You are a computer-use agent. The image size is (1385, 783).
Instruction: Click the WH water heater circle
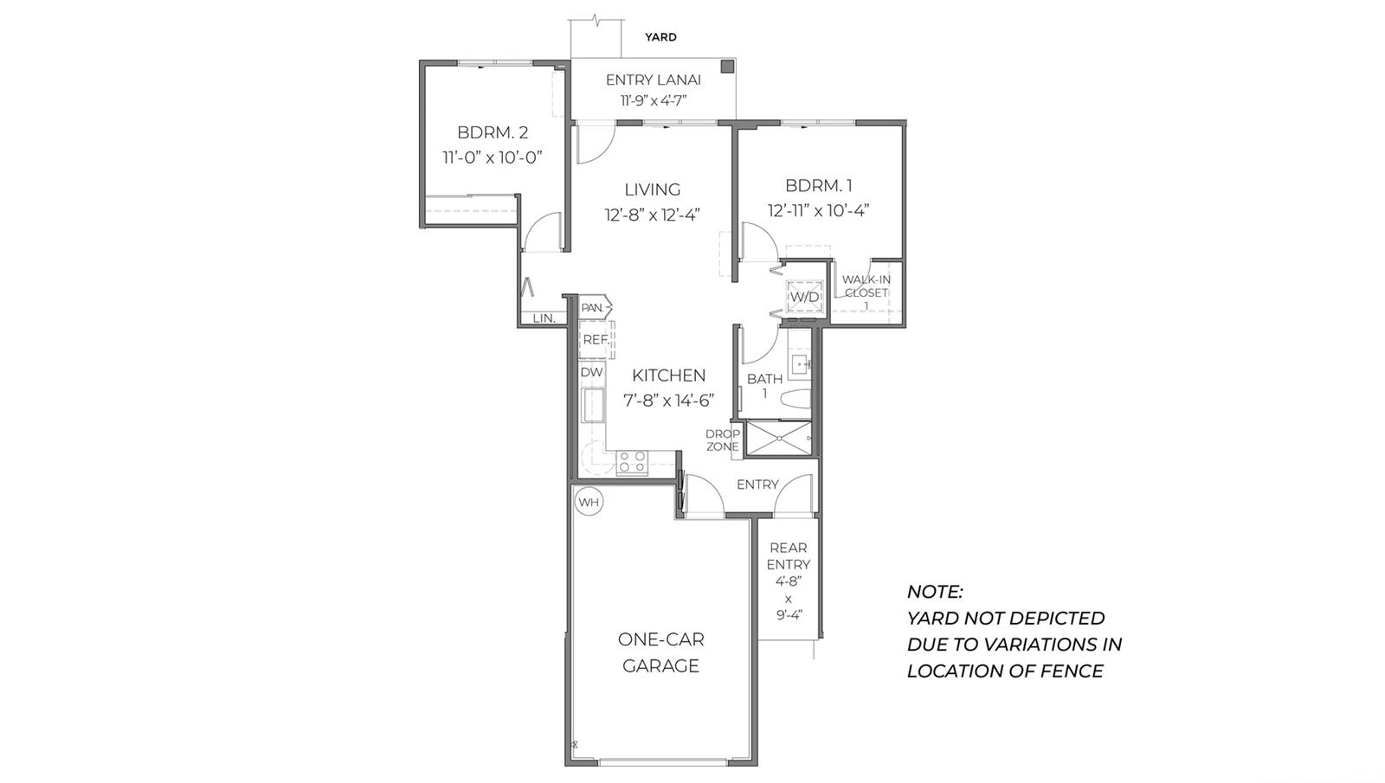(x=589, y=502)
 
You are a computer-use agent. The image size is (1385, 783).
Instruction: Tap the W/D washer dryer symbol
(x=804, y=297)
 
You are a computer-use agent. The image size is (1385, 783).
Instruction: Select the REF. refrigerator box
(x=596, y=339)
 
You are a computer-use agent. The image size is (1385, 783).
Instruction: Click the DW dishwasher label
(x=592, y=372)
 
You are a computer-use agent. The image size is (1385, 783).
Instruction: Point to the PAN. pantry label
(x=592, y=307)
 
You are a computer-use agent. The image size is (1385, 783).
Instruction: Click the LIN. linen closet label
(x=544, y=318)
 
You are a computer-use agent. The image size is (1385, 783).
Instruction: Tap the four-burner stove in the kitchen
(x=632, y=463)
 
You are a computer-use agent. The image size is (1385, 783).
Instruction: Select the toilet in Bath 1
(x=796, y=400)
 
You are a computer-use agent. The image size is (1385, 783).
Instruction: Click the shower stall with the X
(x=779, y=438)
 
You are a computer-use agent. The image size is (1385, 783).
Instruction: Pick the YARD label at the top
(x=661, y=37)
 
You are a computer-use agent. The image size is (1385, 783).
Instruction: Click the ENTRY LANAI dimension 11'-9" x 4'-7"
(x=654, y=100)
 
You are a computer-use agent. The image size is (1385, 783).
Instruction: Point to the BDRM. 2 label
(x=493, y=132)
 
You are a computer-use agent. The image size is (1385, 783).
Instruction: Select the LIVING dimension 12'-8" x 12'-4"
(x=653, y=215)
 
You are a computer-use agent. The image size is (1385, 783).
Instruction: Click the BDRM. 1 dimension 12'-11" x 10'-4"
(x=819, y=211)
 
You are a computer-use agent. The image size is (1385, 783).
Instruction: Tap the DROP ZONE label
(x=723, y=440)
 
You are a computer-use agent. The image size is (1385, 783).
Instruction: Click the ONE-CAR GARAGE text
(x=661, y=652)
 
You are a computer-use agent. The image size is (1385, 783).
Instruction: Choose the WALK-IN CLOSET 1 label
(x=866, y=292)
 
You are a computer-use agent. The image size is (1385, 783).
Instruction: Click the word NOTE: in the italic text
(x=935, y=592)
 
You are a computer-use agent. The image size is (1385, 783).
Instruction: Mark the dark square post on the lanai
(x=728, y=66)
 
